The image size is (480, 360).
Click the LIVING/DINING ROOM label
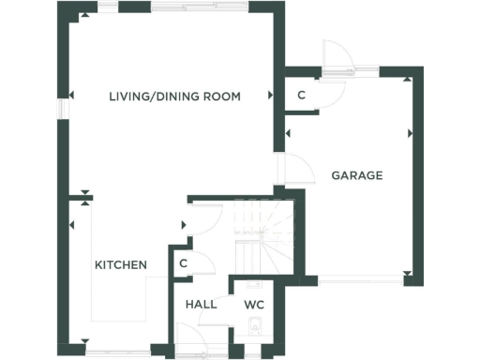pyautogui.click(x=174, y=96)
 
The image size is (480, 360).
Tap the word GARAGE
pyautogui.click(x=356, y=175)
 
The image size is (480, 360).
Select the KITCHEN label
pyautogui.click(x=120, y=265)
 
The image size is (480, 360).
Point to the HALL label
pyautogui.click(x=201, y=305)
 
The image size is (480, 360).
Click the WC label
pyautogui.click(x=254, y=305)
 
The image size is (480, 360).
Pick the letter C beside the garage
pyautogui.click(x=301, y=96)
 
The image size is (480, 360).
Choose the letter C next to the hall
pyautogui.click(x=184, y=263)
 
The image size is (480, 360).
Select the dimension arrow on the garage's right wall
pyautogui.click(x=410, y=134)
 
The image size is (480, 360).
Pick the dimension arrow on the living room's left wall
pyautogui.click(x=71, y=95)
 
